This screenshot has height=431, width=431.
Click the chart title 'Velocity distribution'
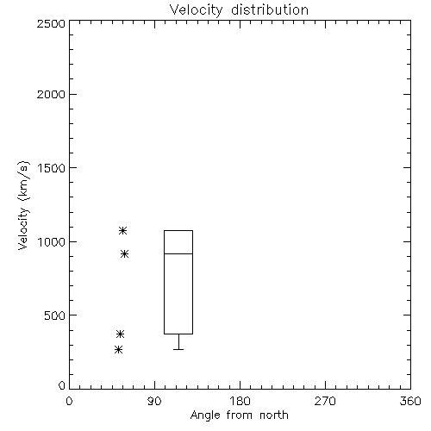click(x=239, y=9)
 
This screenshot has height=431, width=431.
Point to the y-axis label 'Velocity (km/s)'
click(x=23, y=205)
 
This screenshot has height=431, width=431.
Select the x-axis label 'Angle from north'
click(x=239, y=415)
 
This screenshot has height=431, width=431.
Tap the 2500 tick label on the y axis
click(x=51, y=23)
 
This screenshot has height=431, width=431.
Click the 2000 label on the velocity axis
click(x=51, y=94)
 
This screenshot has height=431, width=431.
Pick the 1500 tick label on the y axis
click(x=52, y=168)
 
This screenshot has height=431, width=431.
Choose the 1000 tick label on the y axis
click(x=52, y=242)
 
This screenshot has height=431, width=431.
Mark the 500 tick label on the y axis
click(x=55, y=315)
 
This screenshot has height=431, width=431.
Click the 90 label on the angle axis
click(x=154, y=401)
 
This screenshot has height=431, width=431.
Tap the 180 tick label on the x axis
click(x=240, y=401)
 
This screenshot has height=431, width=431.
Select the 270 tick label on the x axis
click(x=325, y=401)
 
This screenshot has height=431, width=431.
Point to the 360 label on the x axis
click(x=410, y=401)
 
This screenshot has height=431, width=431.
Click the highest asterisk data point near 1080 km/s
click(x=122, y=230)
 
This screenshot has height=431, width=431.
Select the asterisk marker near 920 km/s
click(x=124, y=254)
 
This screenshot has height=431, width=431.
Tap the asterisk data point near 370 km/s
click(x=120, y=334)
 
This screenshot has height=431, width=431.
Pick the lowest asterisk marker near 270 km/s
click(x=118, y=350)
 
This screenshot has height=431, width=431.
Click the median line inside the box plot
click(x=178, y=253)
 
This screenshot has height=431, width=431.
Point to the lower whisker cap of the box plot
click(x=178, y=349)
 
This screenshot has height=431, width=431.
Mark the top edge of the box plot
click(x=178, y=230)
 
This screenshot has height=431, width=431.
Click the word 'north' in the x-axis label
click(x=274, y=415)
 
